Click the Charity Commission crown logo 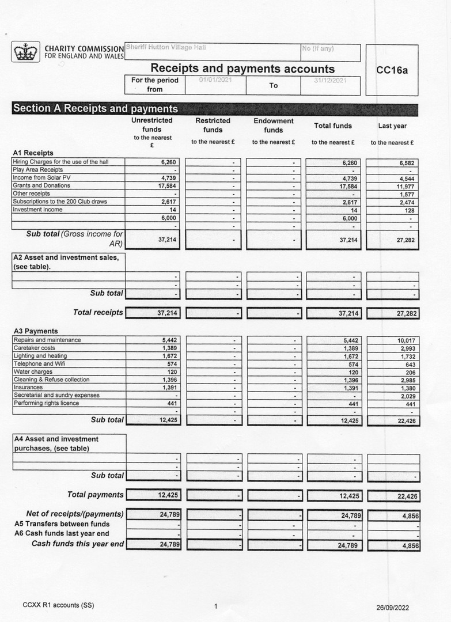(25, 52)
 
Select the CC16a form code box (392, 70)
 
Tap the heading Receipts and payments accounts (242, 69)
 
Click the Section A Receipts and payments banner (96, 108)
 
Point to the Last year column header (392, 126)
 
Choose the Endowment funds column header (274, 126)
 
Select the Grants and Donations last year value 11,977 (405, 186)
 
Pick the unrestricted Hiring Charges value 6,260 (168, 162)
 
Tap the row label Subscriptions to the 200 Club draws (59, 202)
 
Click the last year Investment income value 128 (410, 211)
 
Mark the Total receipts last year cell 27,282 (405, 313)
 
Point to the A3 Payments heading (35, 331)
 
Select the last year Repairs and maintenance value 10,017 (405, 340)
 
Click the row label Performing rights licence (47, 403)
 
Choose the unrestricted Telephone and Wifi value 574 (171, 364)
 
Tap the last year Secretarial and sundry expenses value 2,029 (407, 396)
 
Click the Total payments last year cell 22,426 (405, 496)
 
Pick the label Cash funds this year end (77, 544)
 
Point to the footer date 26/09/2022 (392, 607)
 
